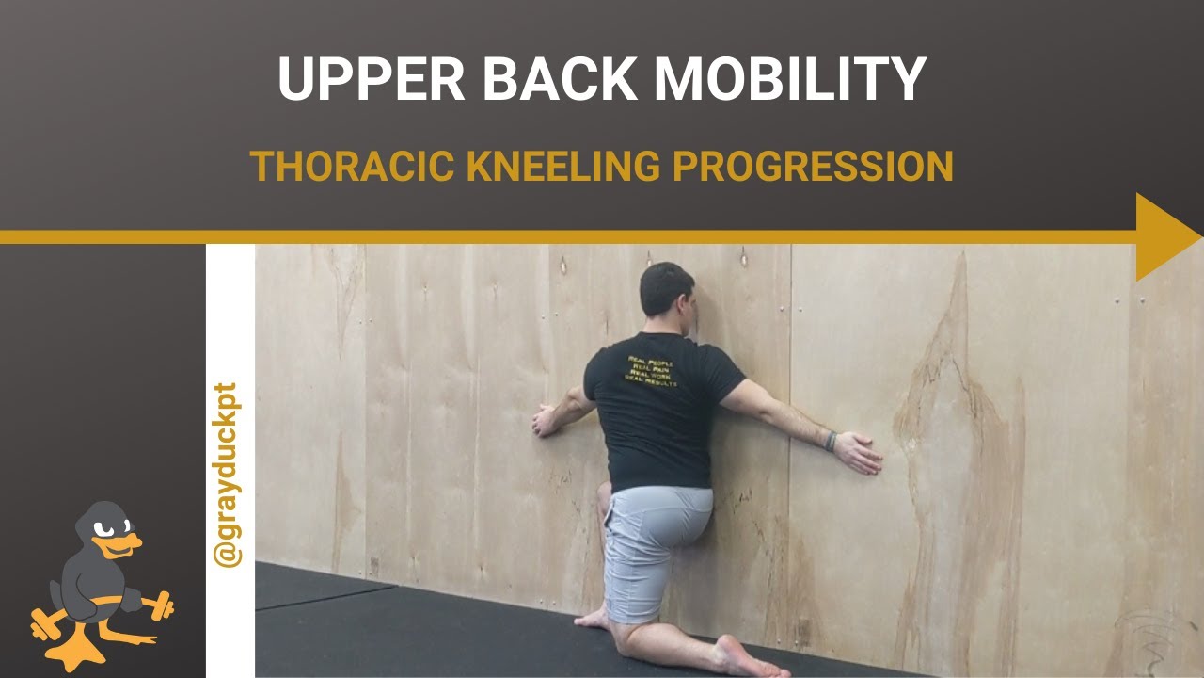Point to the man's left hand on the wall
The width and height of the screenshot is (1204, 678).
coord(546,420)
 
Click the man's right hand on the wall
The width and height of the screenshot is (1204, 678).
coord(859,452)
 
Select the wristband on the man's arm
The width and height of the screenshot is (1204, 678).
coord(830,440)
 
